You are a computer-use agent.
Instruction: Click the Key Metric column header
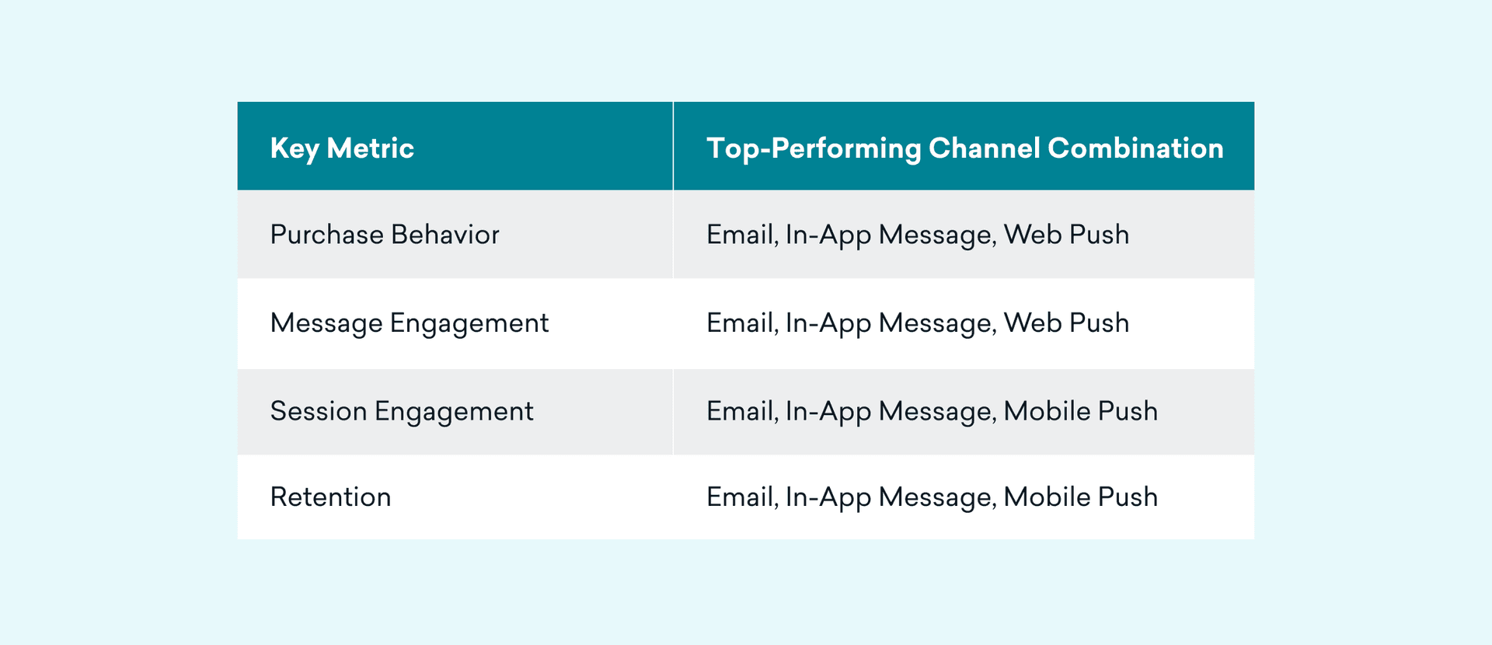click(x=342, y=148)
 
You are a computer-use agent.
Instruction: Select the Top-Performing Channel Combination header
click(x=965, y=148)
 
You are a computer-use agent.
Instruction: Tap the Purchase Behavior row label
click(x=385, y=235)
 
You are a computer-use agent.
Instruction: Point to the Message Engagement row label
click(x=410, y=323)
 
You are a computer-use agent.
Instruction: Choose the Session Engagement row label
click(x=402, y=412)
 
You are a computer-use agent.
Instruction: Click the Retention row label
click(x=331, y=497)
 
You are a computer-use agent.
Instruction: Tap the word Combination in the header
click(x=1135, y=148)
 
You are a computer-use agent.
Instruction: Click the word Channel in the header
click(x=985, y=148)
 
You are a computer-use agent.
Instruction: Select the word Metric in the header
click(x=371, y=148)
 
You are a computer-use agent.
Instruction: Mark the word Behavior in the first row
click(x=445, y=235)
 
